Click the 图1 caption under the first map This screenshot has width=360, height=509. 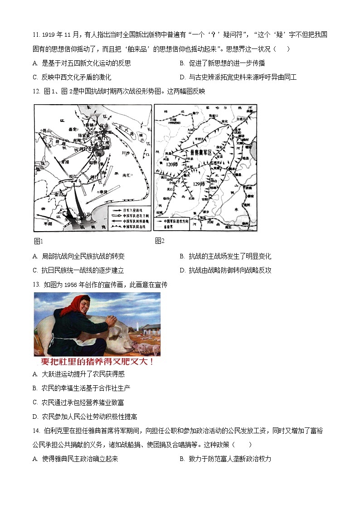coord(38,241)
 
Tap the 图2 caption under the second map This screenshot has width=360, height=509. coord(159,241)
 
